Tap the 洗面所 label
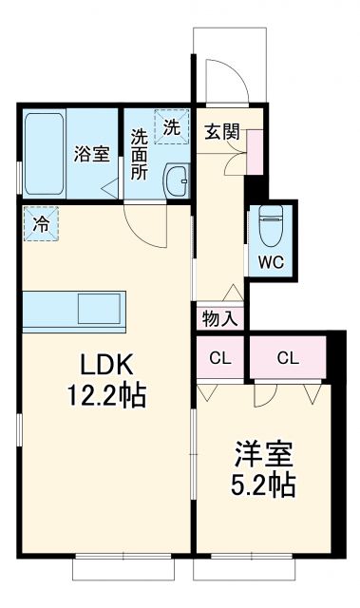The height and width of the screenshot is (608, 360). coord(140,154)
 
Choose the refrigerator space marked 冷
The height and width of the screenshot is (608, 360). coord(42,224)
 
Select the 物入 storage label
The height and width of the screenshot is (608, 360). coord(221,317)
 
